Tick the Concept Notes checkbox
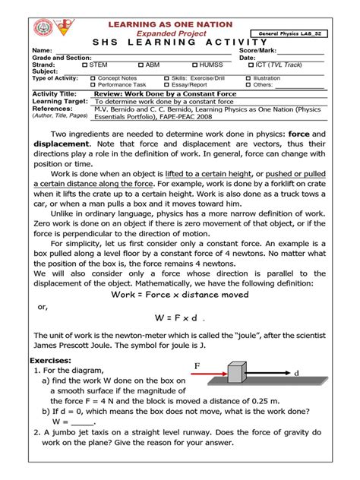[93, 78]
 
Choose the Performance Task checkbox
[93, 84]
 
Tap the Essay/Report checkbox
[166, 84]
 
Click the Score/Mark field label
[260, 51]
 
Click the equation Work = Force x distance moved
[179, 293]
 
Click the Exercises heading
[50, 360]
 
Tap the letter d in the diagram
[296, 373]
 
